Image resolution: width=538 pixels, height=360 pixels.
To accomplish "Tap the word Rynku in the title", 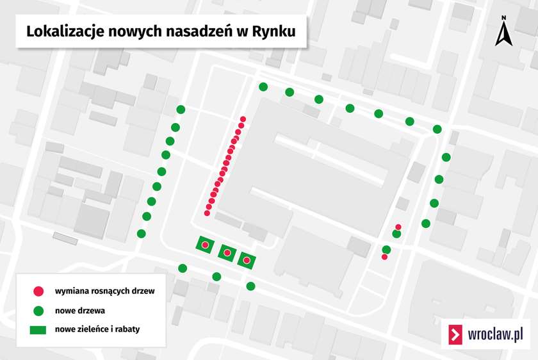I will click(273, 31).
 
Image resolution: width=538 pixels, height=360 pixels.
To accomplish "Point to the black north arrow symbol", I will click(504, 35).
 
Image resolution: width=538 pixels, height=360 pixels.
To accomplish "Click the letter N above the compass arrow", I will click(504, 18).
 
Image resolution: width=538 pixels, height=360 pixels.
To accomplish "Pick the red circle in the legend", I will click(38, 291).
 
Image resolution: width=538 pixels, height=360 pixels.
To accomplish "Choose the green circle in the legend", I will click(38, 311).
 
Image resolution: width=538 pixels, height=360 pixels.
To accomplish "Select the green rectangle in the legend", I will click(38, 330).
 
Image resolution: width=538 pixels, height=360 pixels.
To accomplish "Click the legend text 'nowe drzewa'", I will click(80, 311).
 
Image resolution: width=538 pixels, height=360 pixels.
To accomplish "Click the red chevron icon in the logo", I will click(456, 334).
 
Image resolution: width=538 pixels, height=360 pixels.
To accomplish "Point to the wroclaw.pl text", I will click(495, 334).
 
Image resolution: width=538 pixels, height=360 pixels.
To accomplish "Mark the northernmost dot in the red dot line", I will click(243, 119).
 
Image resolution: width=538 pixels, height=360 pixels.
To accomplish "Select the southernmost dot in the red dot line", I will click(207, 213).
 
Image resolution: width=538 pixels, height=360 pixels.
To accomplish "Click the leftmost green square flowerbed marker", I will click(205, 245).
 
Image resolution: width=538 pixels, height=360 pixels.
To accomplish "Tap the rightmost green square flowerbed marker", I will click(247, 259).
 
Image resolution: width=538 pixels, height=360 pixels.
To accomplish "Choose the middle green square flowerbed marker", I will click(227, 253).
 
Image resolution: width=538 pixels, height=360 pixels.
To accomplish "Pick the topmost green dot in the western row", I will click(181, 110).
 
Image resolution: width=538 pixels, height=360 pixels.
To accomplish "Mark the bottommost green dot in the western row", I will click(142, 234).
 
